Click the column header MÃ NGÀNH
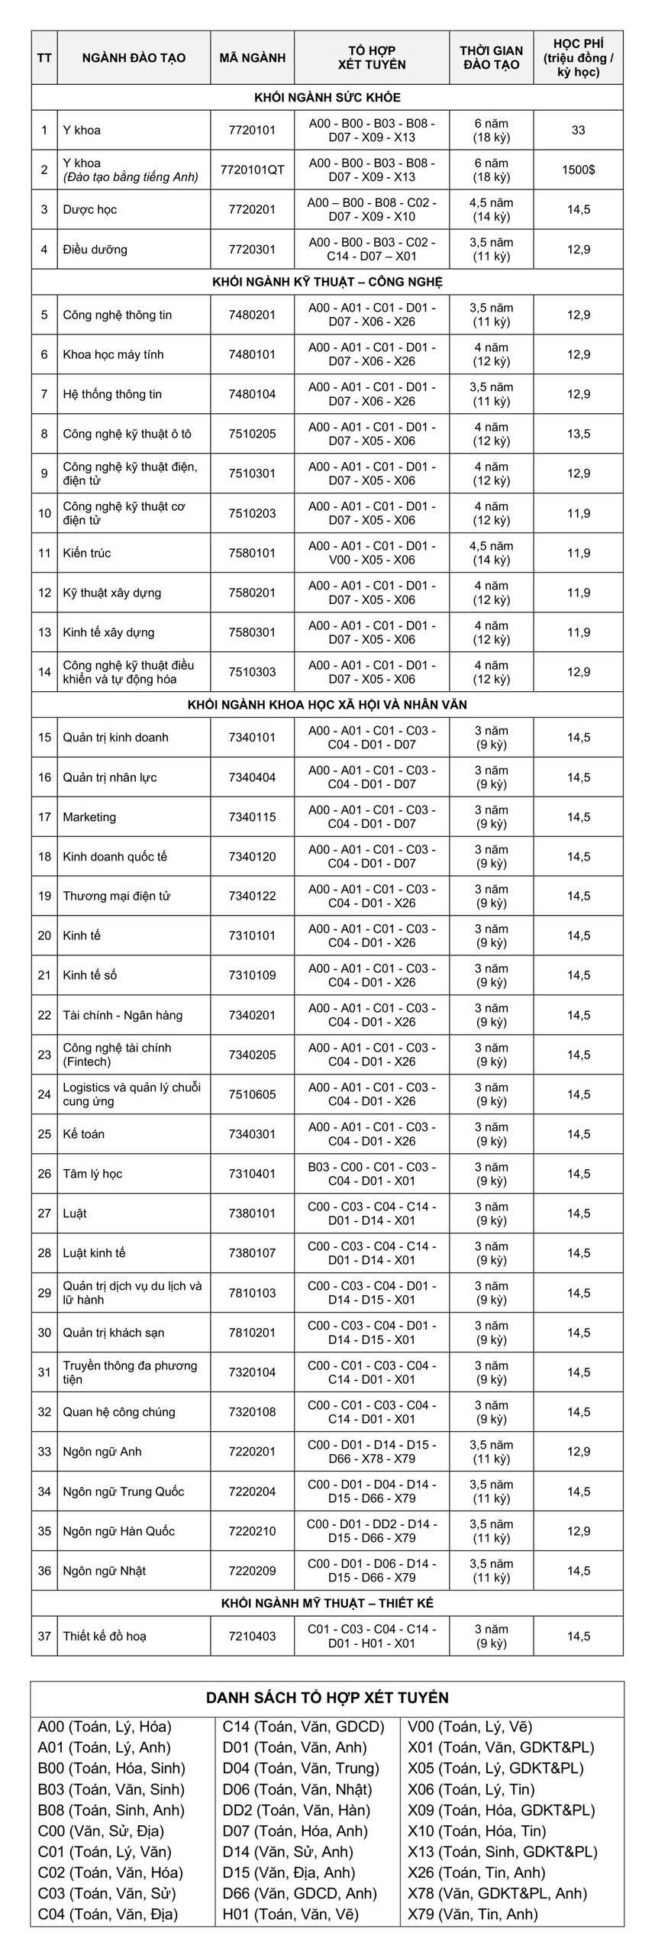coord(252,58)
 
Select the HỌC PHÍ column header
coord(578,58)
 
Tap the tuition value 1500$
coord(578,170)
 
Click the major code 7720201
coord(252,209)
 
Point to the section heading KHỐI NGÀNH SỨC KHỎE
coord(327,98)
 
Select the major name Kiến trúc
coord(87,553)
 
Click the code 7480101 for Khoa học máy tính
coord(252,354)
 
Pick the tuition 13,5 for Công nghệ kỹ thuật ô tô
coord(578,434)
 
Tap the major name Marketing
coord(89,817)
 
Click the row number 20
coord(44,935)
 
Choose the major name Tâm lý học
coord(92,1174)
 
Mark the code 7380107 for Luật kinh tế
coord(252,1253)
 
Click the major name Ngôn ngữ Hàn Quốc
coord(118,1531)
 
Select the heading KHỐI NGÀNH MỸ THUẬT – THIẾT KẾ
coord(327,1603)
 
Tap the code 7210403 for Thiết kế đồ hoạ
coord(252,1636)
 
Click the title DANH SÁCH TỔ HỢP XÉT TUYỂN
coord(327,1698)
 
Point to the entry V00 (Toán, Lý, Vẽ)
coord(469,1727)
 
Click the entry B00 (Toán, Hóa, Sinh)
coord(111,1768)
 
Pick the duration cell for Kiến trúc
coord(491,553)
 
